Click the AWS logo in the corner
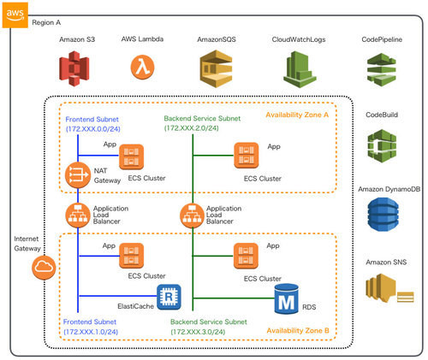[15, 15]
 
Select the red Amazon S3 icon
[74, 68]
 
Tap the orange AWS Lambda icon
[142, 68]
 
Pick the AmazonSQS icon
[216, 68]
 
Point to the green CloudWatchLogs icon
[300, 69]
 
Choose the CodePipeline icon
[382, 69]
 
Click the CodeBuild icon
[382, 145]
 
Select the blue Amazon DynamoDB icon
[383, 214]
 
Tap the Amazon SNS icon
[389, 288]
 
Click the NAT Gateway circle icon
[78, 175]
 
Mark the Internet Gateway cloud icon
[44, 268]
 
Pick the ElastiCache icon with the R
[169, 297]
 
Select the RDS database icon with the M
[287, 298]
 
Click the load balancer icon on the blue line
[78, 215]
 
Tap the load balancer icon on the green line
[193, 215]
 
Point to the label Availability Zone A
[297, 115]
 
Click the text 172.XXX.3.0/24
[198, 332]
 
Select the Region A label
[46, 22]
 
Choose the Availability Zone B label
[298, 331]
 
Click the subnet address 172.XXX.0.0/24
[93, 129]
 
